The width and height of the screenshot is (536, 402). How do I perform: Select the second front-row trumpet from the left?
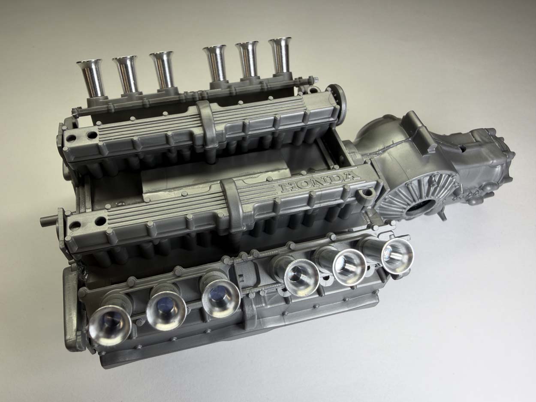point(166,308)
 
